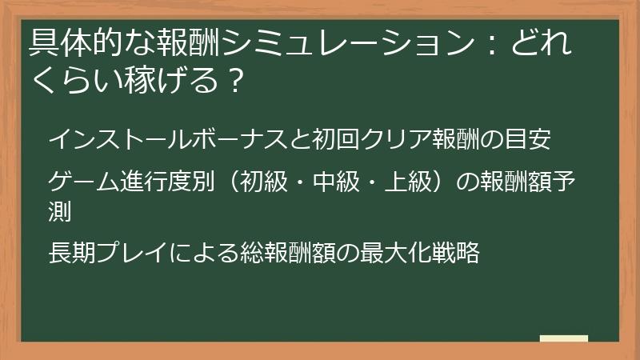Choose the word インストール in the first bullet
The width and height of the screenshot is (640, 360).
point(116,141)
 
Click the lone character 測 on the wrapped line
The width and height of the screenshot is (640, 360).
point(60,211)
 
